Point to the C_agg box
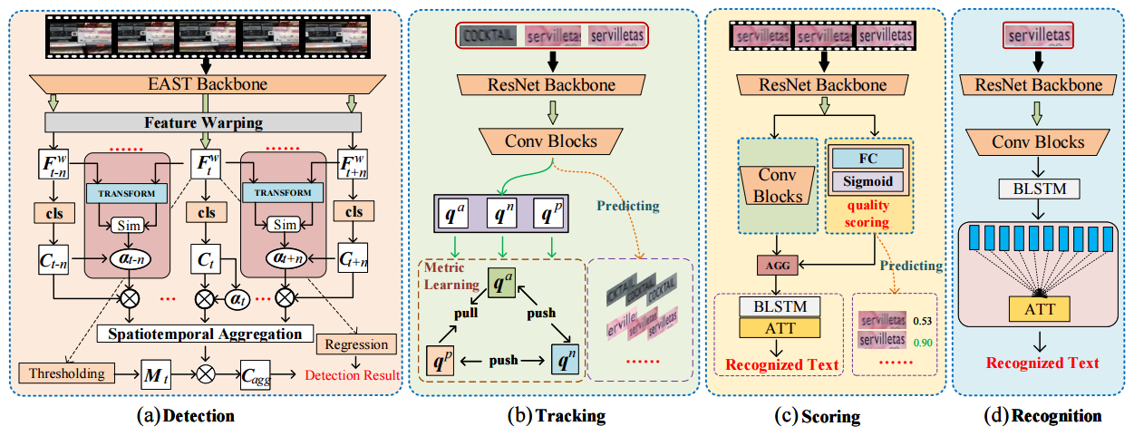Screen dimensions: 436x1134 [259, 372]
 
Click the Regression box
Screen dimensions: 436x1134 [357, 344]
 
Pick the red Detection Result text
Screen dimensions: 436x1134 [353, 374]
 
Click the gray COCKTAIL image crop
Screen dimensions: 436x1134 [488, 35]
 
